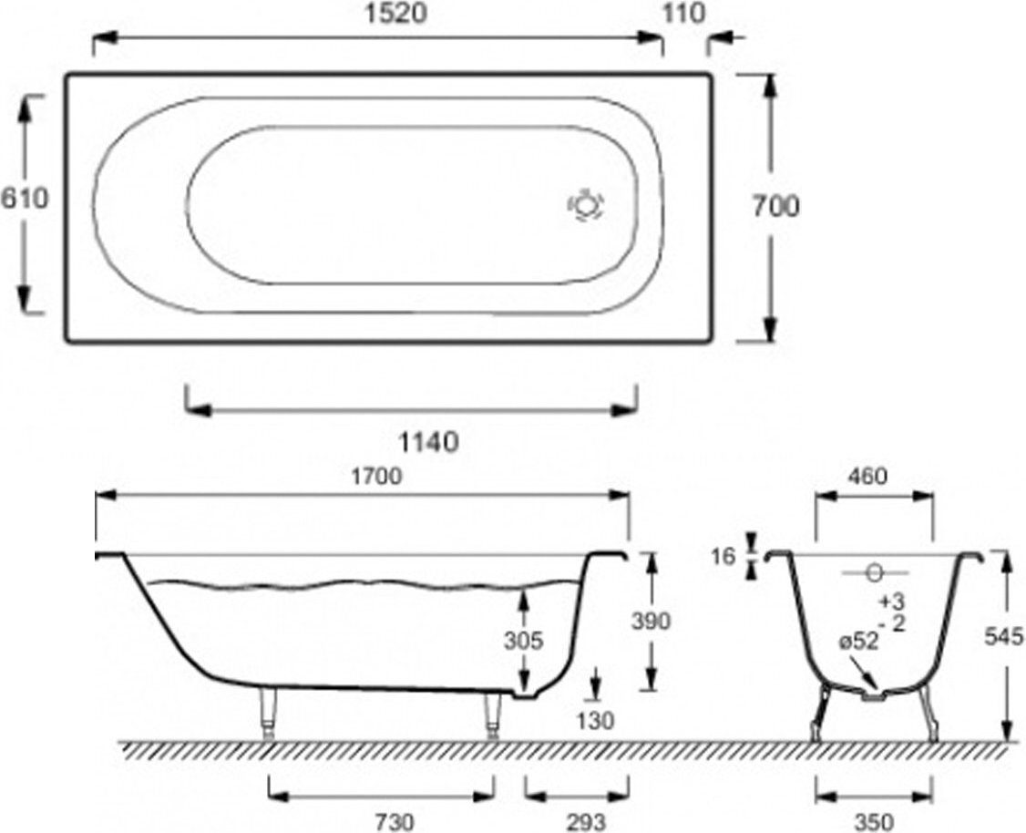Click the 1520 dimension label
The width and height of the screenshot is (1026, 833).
(x=395, y=13)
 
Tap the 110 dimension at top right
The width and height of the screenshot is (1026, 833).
(x=684, y=13)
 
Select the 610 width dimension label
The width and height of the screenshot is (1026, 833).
(x=25, y=198)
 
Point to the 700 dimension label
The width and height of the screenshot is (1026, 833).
(x=775, y=207)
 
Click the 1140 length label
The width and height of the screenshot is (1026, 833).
(x=428, y=443)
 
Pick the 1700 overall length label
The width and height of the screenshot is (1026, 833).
(x=376, y=477)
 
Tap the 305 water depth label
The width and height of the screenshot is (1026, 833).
(x=523, y=641)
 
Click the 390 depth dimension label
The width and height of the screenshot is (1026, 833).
(x=651, y=621)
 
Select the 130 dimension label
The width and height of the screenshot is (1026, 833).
(x=596, y=721)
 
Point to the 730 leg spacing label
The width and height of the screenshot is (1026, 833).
(x=395, y=822)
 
